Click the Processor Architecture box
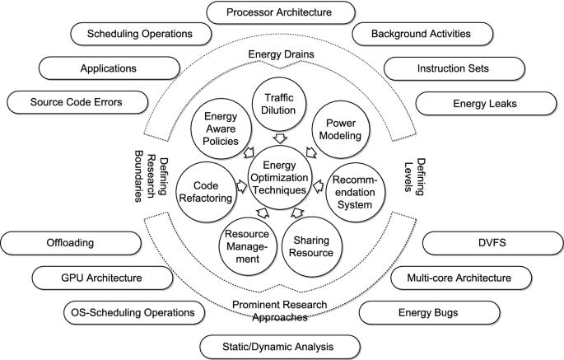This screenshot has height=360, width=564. [x=279, y=12]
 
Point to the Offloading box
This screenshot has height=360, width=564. [x=59, y=244]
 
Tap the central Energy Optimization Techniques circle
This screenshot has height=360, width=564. [x=281, y=175]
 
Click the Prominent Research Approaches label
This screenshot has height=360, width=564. [x=281, y=309]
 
